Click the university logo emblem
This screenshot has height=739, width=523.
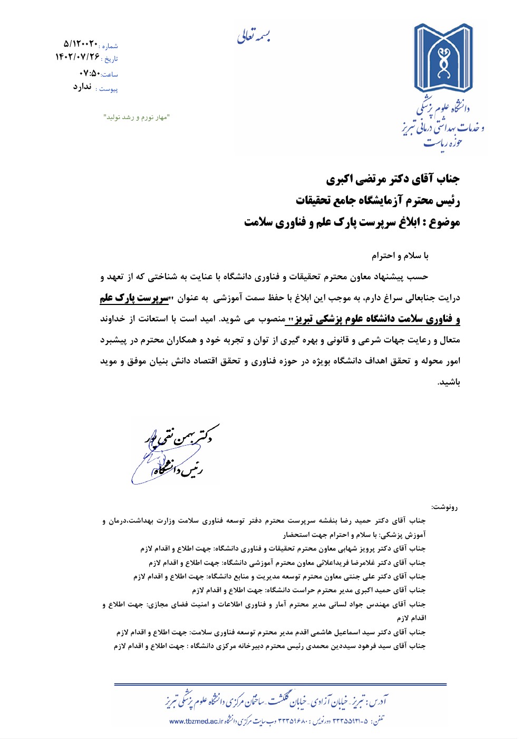click(443, 58)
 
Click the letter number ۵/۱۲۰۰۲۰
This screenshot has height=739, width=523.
click(81, 43)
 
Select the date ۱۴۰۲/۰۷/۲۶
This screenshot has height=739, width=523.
click(77, 57)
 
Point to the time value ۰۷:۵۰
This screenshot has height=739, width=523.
click(89, 73)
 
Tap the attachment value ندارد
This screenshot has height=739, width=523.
click(82, 87)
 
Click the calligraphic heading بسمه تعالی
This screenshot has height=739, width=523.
click(254, 36)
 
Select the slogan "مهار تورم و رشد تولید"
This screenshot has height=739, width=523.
click(136, 117)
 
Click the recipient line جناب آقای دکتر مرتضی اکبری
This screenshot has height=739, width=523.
click(392, 179)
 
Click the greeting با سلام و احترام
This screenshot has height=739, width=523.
click(400, 256)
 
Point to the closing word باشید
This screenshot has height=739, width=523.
click(449, 382)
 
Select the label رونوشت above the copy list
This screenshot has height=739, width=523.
click(444, 507)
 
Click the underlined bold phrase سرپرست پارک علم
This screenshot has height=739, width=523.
click(134, 298)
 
